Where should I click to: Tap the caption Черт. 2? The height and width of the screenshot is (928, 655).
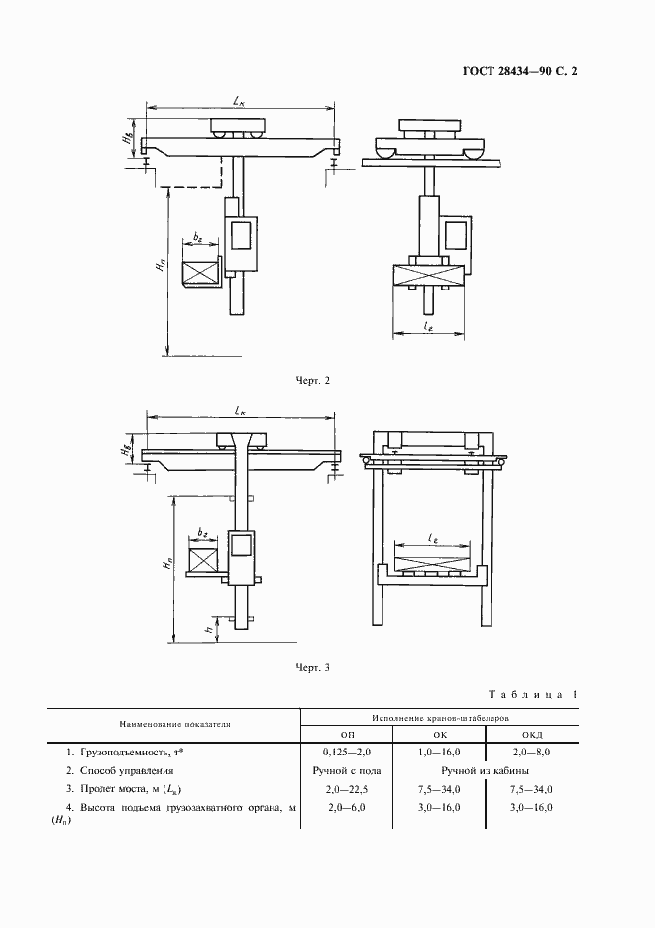point(313,379)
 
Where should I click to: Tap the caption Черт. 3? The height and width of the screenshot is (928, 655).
point(313,667)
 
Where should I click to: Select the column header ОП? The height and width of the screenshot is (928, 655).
point(346,733)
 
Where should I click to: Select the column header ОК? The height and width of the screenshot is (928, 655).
point(439,733)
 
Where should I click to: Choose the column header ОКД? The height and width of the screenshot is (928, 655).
point(532,733)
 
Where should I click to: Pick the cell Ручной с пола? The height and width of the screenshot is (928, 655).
point(346,769)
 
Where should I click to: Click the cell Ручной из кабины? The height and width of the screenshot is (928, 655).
point(486,769)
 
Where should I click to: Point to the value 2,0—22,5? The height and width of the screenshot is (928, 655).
point(346,788)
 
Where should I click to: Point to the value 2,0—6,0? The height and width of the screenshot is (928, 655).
point(346,807)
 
